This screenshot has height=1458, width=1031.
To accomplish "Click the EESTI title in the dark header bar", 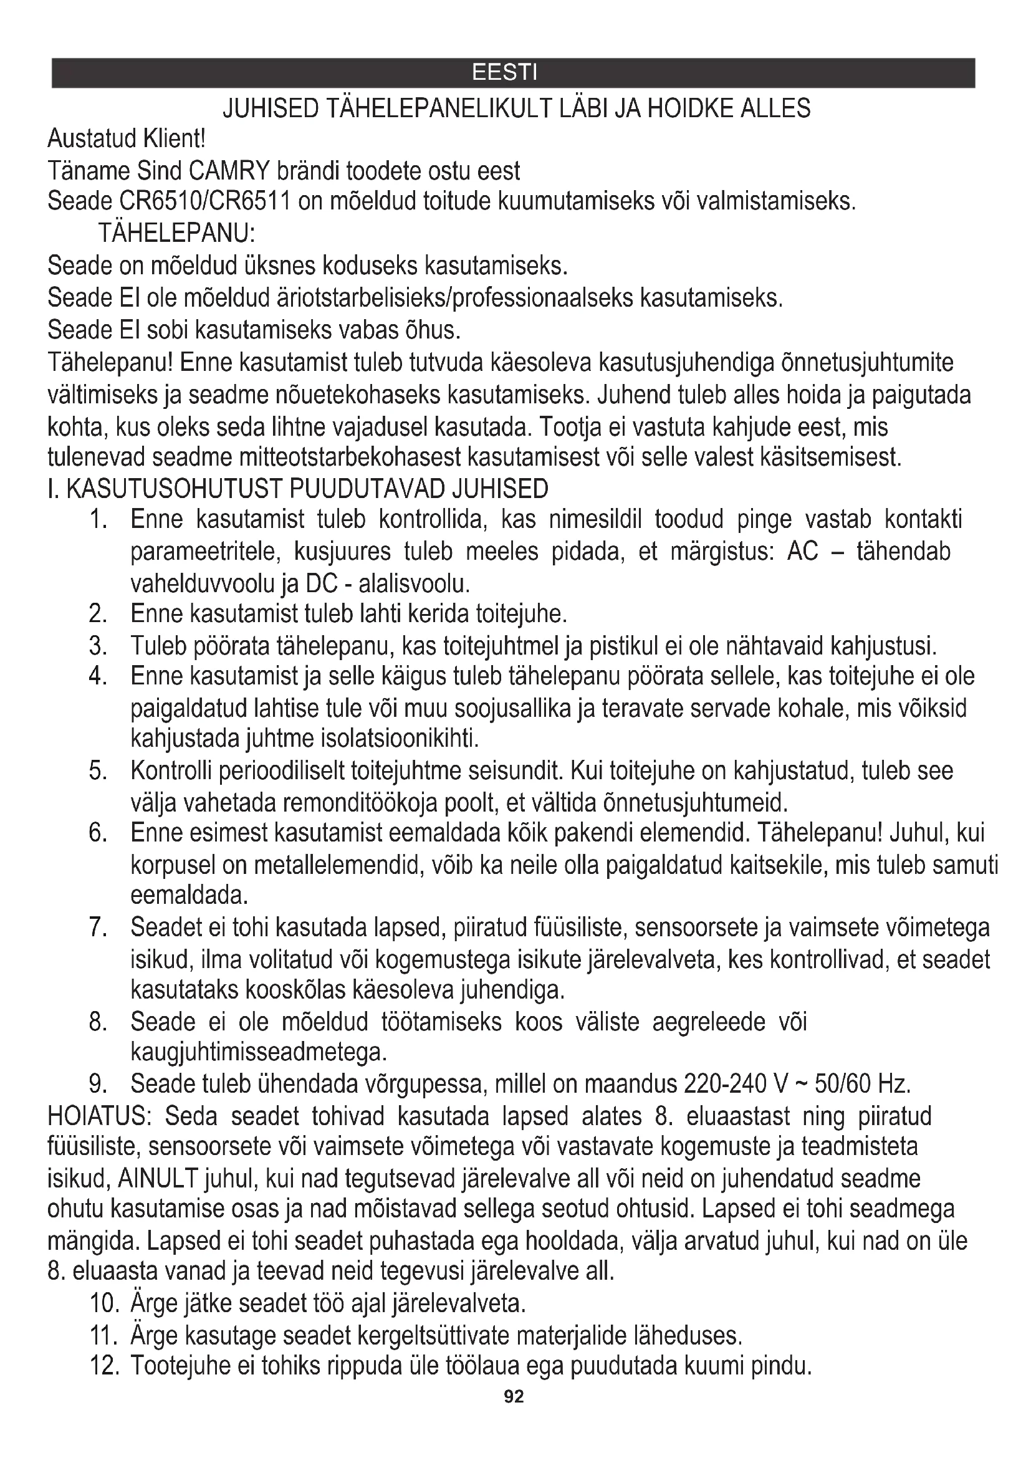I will coord(505,72).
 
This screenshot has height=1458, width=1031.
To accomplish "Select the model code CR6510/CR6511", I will coord(204,202).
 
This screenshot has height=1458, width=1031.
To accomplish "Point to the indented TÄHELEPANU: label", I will coord(176,234).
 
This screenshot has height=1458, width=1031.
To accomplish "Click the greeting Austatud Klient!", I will coord(127,138).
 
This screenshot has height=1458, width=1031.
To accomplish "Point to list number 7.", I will coord(97,928).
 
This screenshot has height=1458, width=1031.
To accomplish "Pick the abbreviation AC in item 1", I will coord(802,552).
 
